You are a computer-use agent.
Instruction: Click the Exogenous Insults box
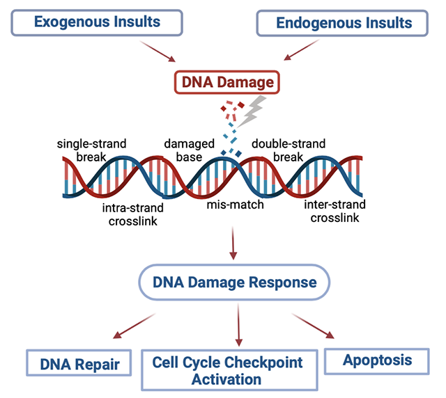tap(98, 22)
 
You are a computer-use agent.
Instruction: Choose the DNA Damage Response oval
tap(234, 282)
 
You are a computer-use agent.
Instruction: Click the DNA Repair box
tap(79, 363)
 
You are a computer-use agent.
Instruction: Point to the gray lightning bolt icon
tap(256, 109)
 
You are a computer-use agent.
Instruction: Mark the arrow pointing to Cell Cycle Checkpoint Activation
tap(238, 326)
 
